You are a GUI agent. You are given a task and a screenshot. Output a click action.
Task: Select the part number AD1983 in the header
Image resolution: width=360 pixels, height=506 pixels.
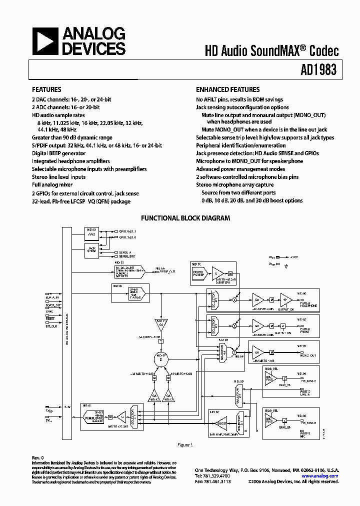318,71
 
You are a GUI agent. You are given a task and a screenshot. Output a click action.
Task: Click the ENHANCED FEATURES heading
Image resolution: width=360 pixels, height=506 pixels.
227,90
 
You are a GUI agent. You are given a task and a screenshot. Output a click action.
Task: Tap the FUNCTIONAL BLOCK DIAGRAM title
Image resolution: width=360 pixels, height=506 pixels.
185,218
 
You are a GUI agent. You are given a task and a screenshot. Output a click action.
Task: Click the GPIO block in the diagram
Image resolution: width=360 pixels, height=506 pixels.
91,233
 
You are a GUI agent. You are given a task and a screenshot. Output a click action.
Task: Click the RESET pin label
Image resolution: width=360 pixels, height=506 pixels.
50,317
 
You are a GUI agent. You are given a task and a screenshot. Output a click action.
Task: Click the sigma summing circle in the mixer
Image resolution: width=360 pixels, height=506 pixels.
161,358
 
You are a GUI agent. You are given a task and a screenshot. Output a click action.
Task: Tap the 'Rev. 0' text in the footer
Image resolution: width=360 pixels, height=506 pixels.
38,457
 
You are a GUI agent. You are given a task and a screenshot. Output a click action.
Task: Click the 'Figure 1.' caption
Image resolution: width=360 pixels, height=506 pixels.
185,444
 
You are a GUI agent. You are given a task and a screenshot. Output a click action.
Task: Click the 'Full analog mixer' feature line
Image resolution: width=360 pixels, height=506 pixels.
52,185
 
